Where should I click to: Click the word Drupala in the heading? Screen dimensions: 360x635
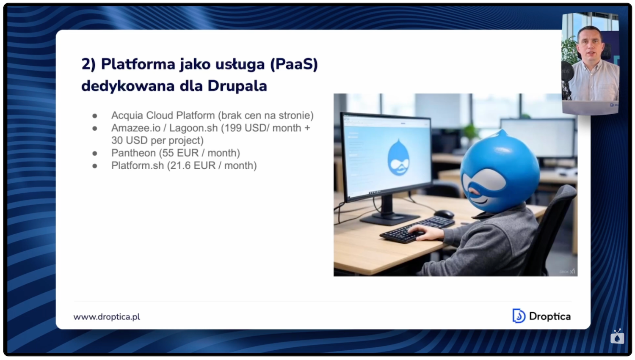(237, 86)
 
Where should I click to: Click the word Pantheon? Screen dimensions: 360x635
(134, 153)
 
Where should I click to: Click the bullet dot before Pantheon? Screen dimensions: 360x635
(95, 153)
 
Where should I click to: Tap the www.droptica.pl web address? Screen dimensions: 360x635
(107, 316)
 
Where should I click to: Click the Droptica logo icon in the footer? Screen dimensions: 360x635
(519, 316)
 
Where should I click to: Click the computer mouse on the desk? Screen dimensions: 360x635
(444, 214)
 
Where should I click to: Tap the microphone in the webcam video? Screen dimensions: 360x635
(567, 72)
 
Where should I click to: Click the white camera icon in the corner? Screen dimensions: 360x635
(617, 337)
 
